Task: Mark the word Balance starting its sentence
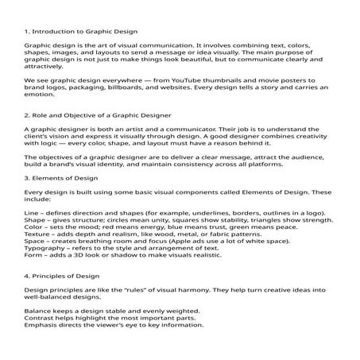37,310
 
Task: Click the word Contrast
39,317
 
